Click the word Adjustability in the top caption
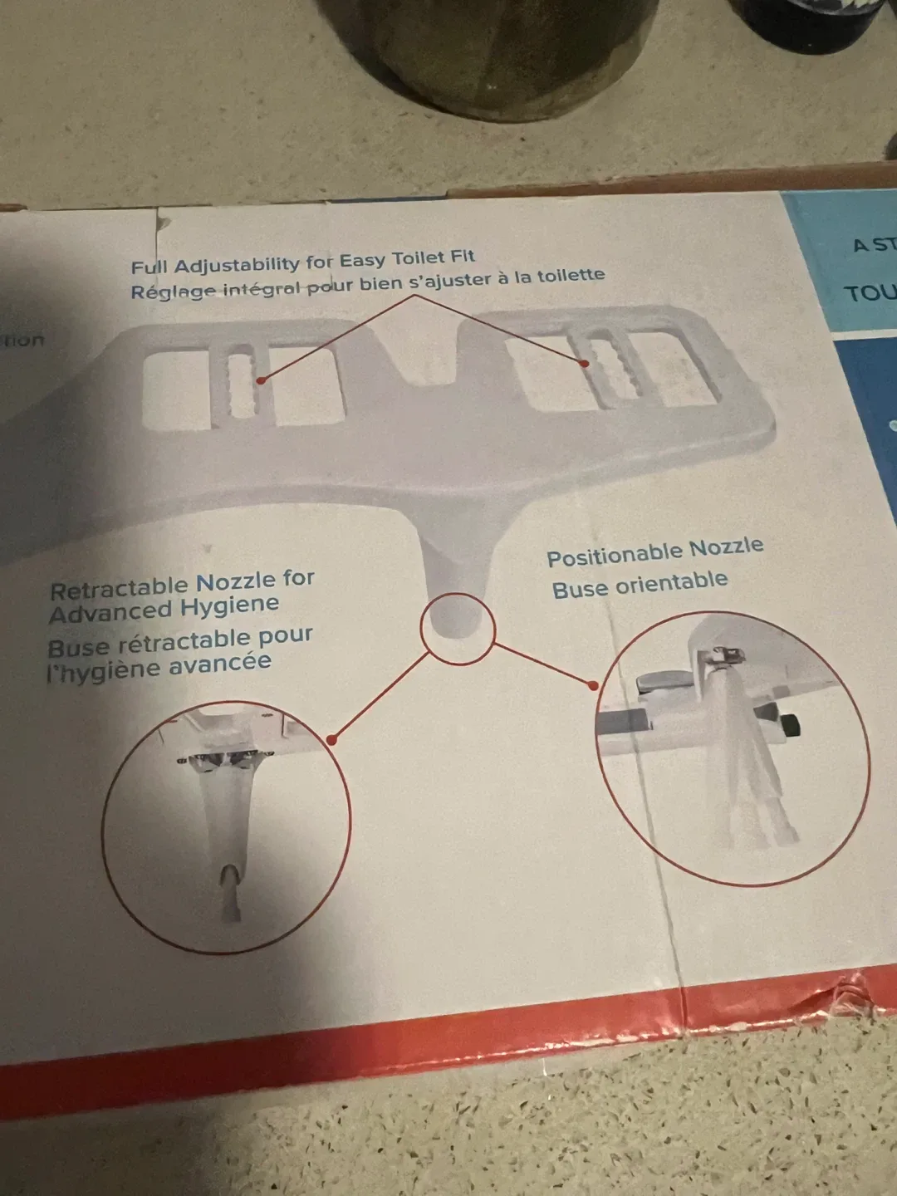pyautogui.click(x=237, y=265)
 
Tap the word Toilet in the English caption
pyautogui.click(x=419, y=259)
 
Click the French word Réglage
pyautogui.click(x=172, y=292)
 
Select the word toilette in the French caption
pyautogui.click(x=570, y=276)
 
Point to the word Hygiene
pyautogui.click(x=230, y=605)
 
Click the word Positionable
pyautogui.click(x=614, y=554)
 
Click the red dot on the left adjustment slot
pyautogui.click(x=261, y=380)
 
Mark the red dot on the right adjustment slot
pyautogui.click(x=585, y=363)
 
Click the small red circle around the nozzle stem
pyautogui.click(x=457, y=628)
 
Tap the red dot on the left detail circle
pyautogui.click(x=331, y=738)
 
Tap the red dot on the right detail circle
pyautogui.click(x=593, y=685)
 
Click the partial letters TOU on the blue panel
pyautogui.click(x=869, y=292)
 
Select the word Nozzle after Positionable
pyautogui.click(x=726, y=547)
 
